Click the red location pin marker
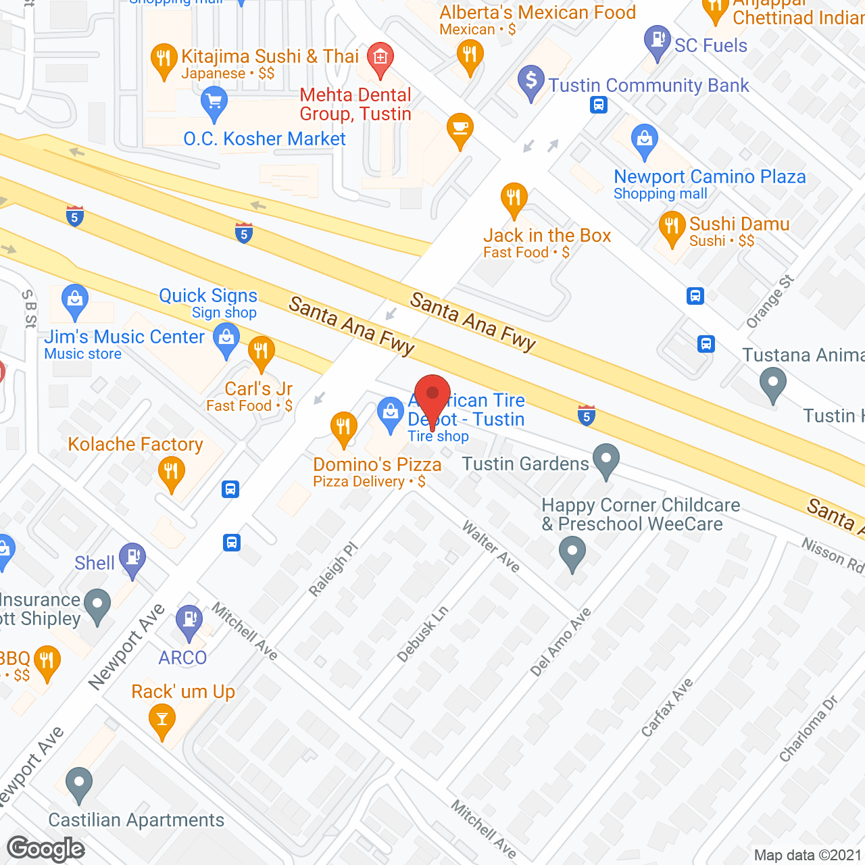point(432,395)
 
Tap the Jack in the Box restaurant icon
point(514,199)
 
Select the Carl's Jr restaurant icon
point(261,352)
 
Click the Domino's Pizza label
point(377,465)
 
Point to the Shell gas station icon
point(132,559)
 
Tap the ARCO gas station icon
point(189,620)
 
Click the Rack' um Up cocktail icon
point(162,719)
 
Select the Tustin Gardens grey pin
point(606,460)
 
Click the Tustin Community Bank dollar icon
point(531,82)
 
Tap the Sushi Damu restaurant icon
point(672,227)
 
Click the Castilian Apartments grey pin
point(79,784)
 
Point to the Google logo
point(46,849)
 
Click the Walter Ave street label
point(491,547)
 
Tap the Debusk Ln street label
point(422,634)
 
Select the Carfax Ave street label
point(666,707)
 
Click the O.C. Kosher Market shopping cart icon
point(214,103)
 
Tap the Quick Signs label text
point(208,296)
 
